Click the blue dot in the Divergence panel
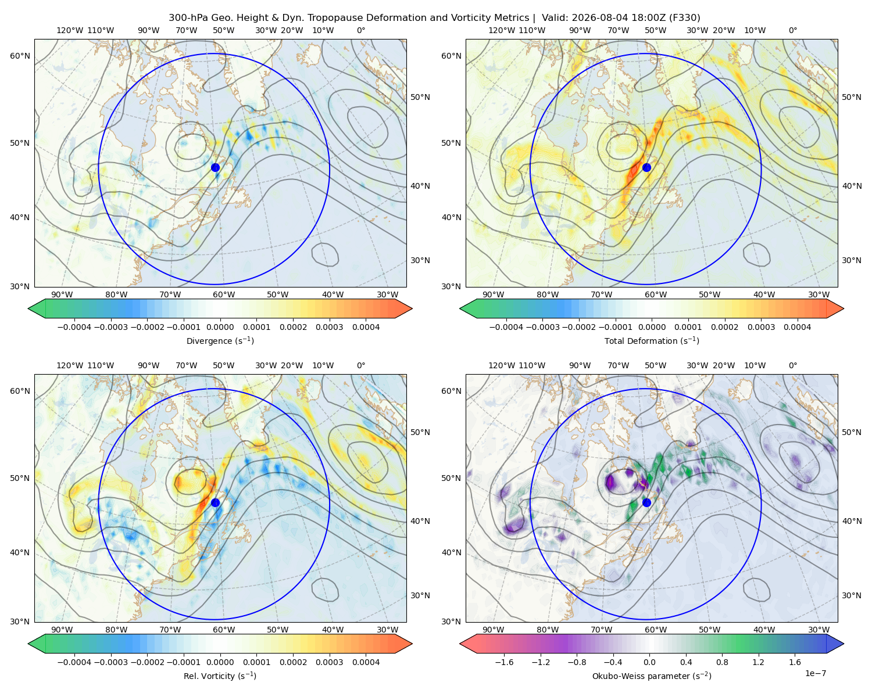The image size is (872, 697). (215, 167)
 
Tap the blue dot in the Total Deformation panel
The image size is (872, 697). (646, 167)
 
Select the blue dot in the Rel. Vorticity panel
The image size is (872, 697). (215, 502)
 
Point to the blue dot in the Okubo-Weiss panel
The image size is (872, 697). (646, 502)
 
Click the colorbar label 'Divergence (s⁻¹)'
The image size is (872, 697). (220, 341)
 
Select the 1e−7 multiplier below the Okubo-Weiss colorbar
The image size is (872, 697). (815, 673)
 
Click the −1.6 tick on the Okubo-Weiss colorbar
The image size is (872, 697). (505, 662)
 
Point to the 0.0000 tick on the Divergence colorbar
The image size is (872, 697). (220, 327)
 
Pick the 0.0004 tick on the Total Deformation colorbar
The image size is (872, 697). (797, 327)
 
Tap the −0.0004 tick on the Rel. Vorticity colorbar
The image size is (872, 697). (74, 662)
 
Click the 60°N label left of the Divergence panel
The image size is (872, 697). (20, 56)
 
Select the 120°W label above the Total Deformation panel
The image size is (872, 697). (501, 30)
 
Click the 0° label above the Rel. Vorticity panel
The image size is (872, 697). (361, 365)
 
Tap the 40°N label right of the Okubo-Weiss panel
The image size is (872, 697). (852, 521)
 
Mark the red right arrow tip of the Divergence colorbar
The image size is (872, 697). (412, 308)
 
